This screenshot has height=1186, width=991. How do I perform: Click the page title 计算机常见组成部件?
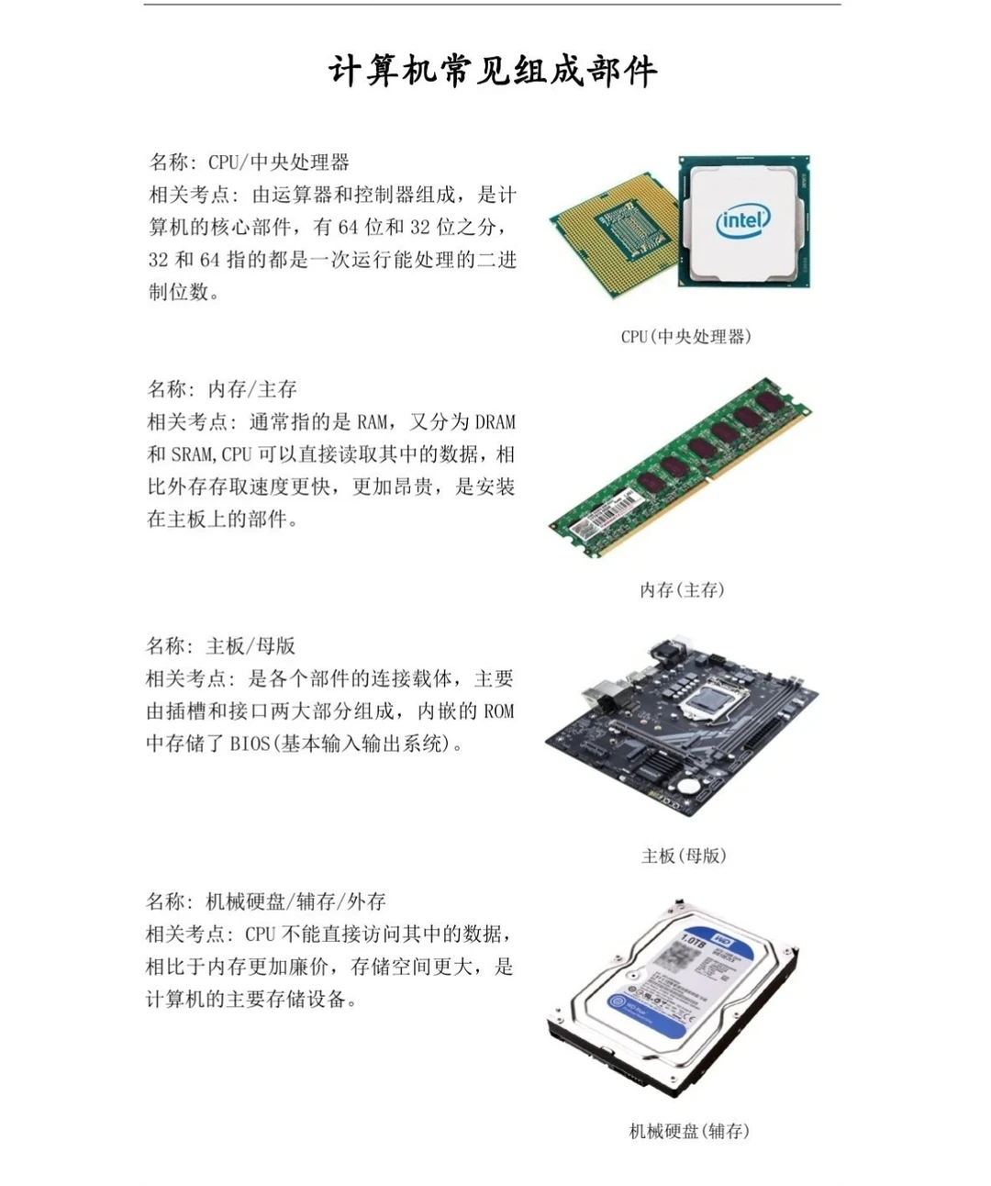pos(493,72)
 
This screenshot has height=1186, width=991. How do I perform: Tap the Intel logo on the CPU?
pos(742,221)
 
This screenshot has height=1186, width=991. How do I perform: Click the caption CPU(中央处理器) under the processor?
pos(685,337)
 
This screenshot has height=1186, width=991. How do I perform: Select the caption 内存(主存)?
pos(682,590)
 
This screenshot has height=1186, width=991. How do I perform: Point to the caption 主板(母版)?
pos(684,856)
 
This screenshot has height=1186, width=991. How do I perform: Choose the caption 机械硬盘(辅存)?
pos(689,1132)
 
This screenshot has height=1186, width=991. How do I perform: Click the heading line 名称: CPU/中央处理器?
pos(250,162)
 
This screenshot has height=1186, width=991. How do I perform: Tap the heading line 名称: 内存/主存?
pos(222,389)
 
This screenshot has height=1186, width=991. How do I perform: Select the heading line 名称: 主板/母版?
pos(221,646)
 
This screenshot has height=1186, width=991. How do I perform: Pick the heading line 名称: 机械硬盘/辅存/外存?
pos(266,901)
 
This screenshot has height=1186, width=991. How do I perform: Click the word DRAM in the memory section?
pos(495,422)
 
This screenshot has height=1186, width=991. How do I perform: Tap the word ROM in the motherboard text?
pos(498,711)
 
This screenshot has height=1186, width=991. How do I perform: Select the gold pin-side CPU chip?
pos(613,234)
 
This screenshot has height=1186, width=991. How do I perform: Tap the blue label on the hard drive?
pos(679,987)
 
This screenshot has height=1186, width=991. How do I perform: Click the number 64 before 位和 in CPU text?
pos(348,228)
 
